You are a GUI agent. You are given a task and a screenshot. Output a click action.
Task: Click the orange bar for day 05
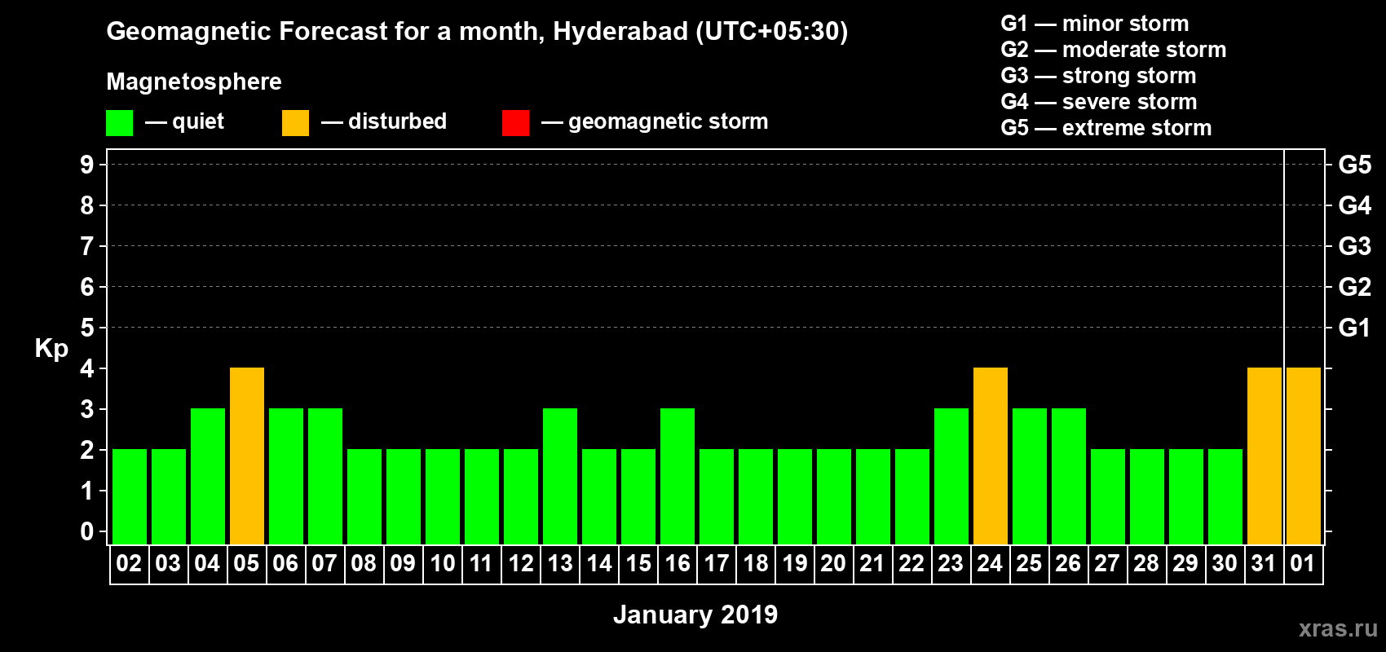tap(247, 456)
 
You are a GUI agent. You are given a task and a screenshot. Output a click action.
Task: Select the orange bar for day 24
tap(991, 456)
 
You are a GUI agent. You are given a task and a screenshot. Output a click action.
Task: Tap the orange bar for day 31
tap(1265, 456)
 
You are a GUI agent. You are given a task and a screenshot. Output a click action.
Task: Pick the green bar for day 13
tap(560, 476)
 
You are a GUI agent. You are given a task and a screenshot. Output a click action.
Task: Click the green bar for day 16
tap(678, 476)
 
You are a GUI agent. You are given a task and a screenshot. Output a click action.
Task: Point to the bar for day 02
tap(130, 496)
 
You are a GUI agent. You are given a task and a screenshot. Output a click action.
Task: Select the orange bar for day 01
tap(1304, 456)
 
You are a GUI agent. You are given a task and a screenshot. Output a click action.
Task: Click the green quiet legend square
tap(120, 123)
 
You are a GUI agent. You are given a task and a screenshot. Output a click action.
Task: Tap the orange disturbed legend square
tap(296, 123)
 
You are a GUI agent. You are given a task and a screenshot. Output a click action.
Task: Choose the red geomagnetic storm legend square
tap(516, 123)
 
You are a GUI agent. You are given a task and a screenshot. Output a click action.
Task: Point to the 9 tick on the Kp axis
tap(87, 165)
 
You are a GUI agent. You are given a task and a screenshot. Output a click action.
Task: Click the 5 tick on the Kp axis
tap(87, 328)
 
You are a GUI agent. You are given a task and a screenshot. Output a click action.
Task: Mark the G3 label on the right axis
tap(1354, 246)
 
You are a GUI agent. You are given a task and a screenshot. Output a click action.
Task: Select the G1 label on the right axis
tap(1354, 328)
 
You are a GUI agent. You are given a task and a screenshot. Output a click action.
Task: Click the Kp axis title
tap(51, 349)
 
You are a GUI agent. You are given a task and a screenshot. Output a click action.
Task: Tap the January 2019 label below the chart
tap(695, 615)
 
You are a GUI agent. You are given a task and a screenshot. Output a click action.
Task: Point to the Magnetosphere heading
tap(194, 81)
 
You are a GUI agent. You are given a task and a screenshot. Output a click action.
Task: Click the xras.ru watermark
tap(1338, 628)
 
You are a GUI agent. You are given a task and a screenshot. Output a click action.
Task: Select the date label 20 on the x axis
tap(833, 563)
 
